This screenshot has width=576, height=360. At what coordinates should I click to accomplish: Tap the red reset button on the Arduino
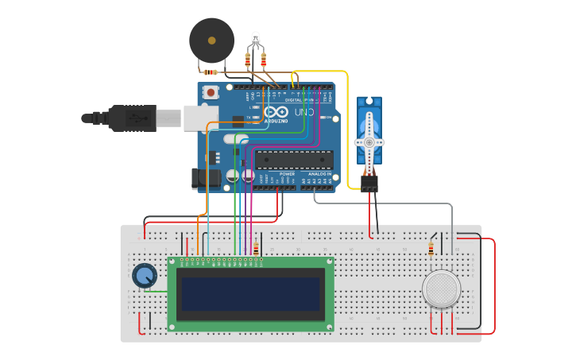[x=211, y=92]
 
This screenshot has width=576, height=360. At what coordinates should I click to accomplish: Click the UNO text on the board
[x=303, y=113]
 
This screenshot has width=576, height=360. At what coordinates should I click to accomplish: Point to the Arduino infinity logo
[x=276, y=113]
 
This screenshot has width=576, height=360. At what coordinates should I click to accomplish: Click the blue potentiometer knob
[x=145, y=276]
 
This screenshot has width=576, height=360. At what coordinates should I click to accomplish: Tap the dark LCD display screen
[x=250, y=294]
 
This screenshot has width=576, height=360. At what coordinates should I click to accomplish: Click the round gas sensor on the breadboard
[x=442, y=288]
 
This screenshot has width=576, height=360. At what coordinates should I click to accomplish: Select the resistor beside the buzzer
[x=211, y=72]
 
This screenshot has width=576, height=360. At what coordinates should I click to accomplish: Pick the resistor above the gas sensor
[x=431, y=250]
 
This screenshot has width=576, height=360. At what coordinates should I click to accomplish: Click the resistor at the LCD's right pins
[x=256, y=249]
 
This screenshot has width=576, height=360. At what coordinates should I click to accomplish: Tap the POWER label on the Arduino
[x=287, y=173]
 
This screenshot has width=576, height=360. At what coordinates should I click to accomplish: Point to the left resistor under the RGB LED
[x=248, y=60]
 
